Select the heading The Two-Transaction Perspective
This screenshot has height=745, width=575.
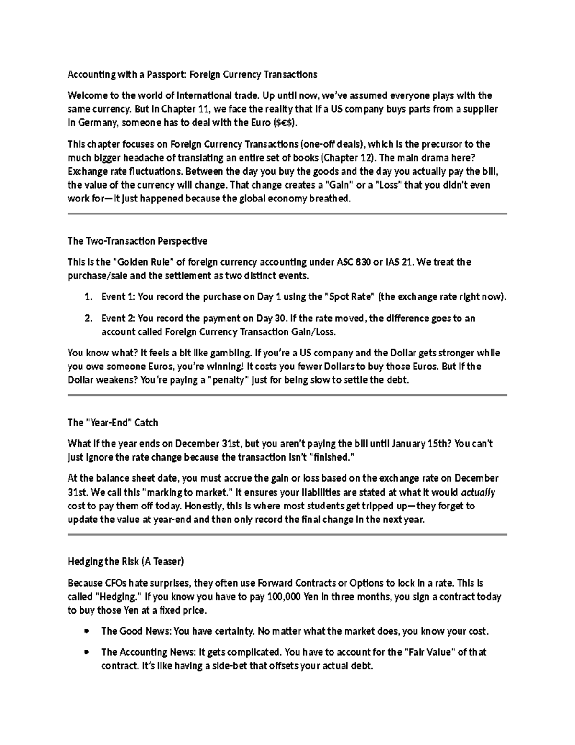click(138, 241)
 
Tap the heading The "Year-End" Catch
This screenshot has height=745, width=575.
click(113, 423)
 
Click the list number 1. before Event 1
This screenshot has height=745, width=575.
click(88, 297)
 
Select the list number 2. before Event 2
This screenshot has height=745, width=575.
click(88, 319)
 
